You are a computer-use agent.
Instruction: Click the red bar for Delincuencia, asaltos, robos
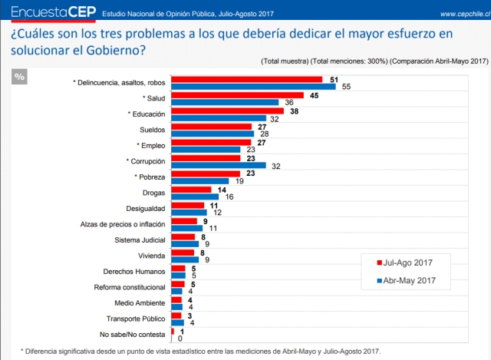pos(246,79)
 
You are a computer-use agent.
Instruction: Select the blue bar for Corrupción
pos(218,165)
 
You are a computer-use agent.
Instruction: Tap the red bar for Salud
pos(237,95)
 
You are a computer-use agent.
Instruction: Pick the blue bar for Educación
pos(218,118)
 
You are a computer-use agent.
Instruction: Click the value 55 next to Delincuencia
pos(346,87)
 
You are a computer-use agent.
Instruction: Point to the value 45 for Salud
pos(315,95)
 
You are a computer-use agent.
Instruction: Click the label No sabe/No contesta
pos(133,335)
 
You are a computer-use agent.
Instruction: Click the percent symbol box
pos(20,77)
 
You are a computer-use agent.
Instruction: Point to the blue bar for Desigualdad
pos(188,212)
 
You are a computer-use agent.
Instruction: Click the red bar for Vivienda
pos(183,251)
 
